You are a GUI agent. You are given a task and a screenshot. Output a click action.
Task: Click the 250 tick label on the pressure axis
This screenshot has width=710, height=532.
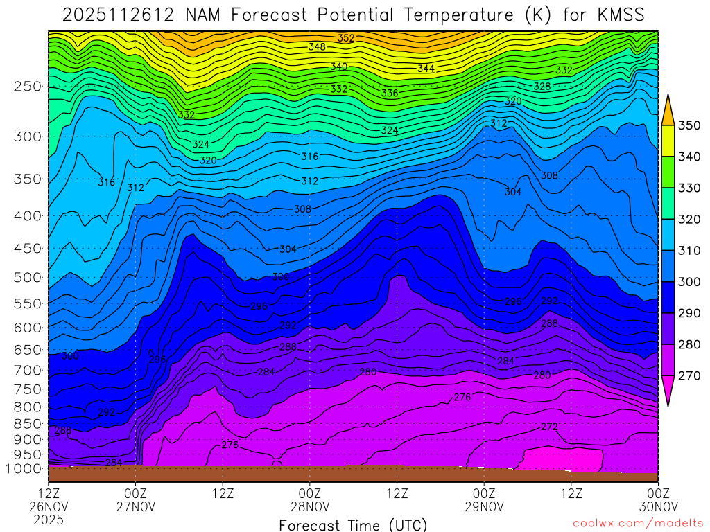point(27,87)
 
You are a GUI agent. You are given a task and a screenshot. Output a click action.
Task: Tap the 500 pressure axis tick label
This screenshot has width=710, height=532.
point(27,278)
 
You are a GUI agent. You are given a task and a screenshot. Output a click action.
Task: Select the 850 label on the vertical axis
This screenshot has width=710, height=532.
point(27,423)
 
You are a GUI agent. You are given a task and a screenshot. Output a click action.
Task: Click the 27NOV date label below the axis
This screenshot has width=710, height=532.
point(136,506)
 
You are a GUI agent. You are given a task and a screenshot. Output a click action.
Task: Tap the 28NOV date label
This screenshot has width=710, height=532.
point(310,506)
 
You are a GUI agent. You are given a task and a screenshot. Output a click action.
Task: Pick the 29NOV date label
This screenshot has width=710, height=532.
point(484,506)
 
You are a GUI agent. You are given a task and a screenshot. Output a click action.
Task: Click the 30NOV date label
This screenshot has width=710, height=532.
point(658,506)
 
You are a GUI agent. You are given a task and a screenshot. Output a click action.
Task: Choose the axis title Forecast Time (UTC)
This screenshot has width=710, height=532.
point(353,524)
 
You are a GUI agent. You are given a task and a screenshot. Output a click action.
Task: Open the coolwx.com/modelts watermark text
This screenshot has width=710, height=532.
point(638,524)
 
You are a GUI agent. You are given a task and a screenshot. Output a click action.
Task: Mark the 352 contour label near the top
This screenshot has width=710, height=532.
point(346,38)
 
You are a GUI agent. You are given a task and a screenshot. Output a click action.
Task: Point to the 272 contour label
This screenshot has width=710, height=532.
point(549,427)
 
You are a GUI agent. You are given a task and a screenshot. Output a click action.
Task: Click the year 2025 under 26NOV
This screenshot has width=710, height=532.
point(49,519)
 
